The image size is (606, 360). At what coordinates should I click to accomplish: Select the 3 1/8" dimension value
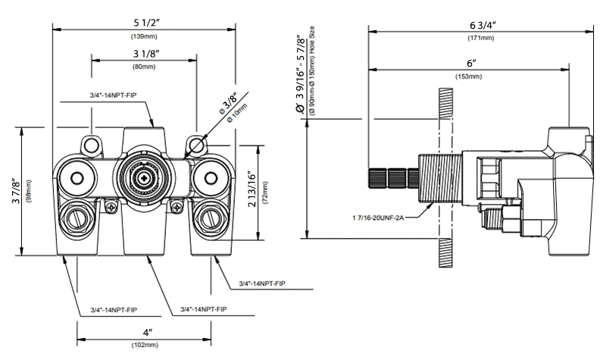[143, 54]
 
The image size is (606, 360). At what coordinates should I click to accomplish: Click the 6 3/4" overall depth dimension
[481, 25]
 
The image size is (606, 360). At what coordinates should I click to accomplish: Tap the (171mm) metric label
[481, 38]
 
